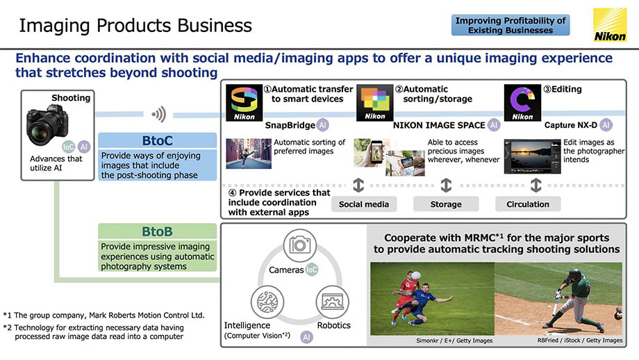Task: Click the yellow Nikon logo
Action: coord(610,25)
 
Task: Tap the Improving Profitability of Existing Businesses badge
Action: coord(511,25)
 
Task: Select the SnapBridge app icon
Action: coord(244,103)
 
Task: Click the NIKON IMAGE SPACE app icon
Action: coord(375,103)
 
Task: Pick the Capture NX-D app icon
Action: coord(522,103)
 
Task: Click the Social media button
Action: coord(364,204)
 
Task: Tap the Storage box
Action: coord(446,204)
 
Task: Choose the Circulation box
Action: coord(528,204)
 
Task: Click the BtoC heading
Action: coord(157,140)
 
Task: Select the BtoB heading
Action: coord(157,231)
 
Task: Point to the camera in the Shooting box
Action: coord(47,125)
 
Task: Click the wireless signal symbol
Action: coord(159,114)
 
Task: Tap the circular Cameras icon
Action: coord(299,245)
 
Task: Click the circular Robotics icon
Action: coord(332,302)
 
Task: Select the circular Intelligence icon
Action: coord(267,302)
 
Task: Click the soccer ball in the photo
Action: coord(415,276)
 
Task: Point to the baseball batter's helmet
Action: coord(574,274)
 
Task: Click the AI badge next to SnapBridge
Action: coord(323,125)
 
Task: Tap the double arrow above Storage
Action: coord(446,185)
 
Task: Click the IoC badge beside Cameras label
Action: coord(312,270)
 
